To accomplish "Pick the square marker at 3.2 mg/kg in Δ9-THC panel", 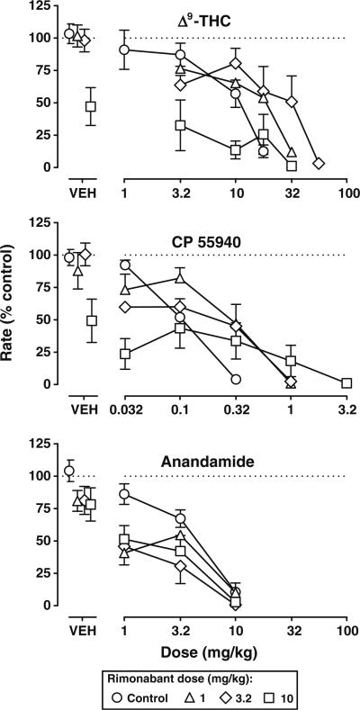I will tap(180, 125).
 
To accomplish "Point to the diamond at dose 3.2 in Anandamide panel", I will tap(180, 566).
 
